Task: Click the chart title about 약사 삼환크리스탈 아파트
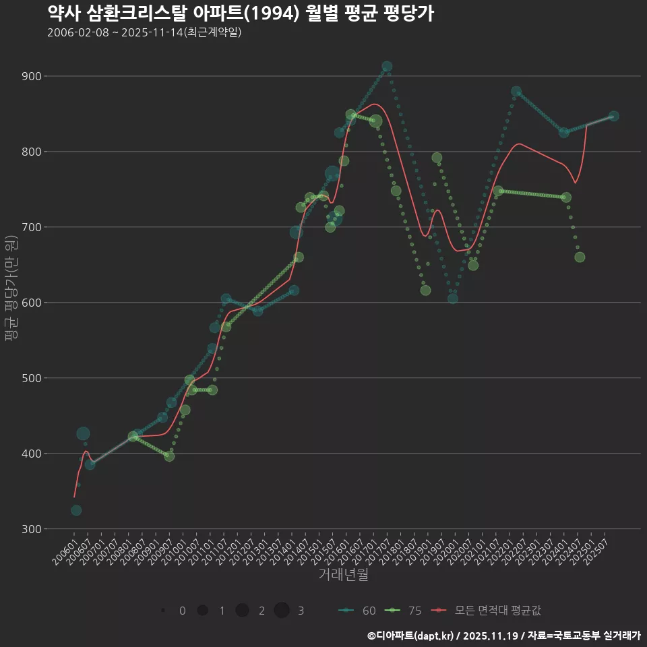point(241,13)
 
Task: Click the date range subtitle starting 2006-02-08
point(144,32)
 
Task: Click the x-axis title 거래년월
point(343,575)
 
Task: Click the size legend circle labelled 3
point(282,611)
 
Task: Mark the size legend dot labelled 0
point(163,611)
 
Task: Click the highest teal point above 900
point(387,67)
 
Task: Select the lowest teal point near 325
point(76,510)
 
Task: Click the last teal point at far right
point(613,116)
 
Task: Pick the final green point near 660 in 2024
point(580,257)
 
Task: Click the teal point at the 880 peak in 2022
point(516,91)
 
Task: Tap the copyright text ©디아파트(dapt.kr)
point(411,635)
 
